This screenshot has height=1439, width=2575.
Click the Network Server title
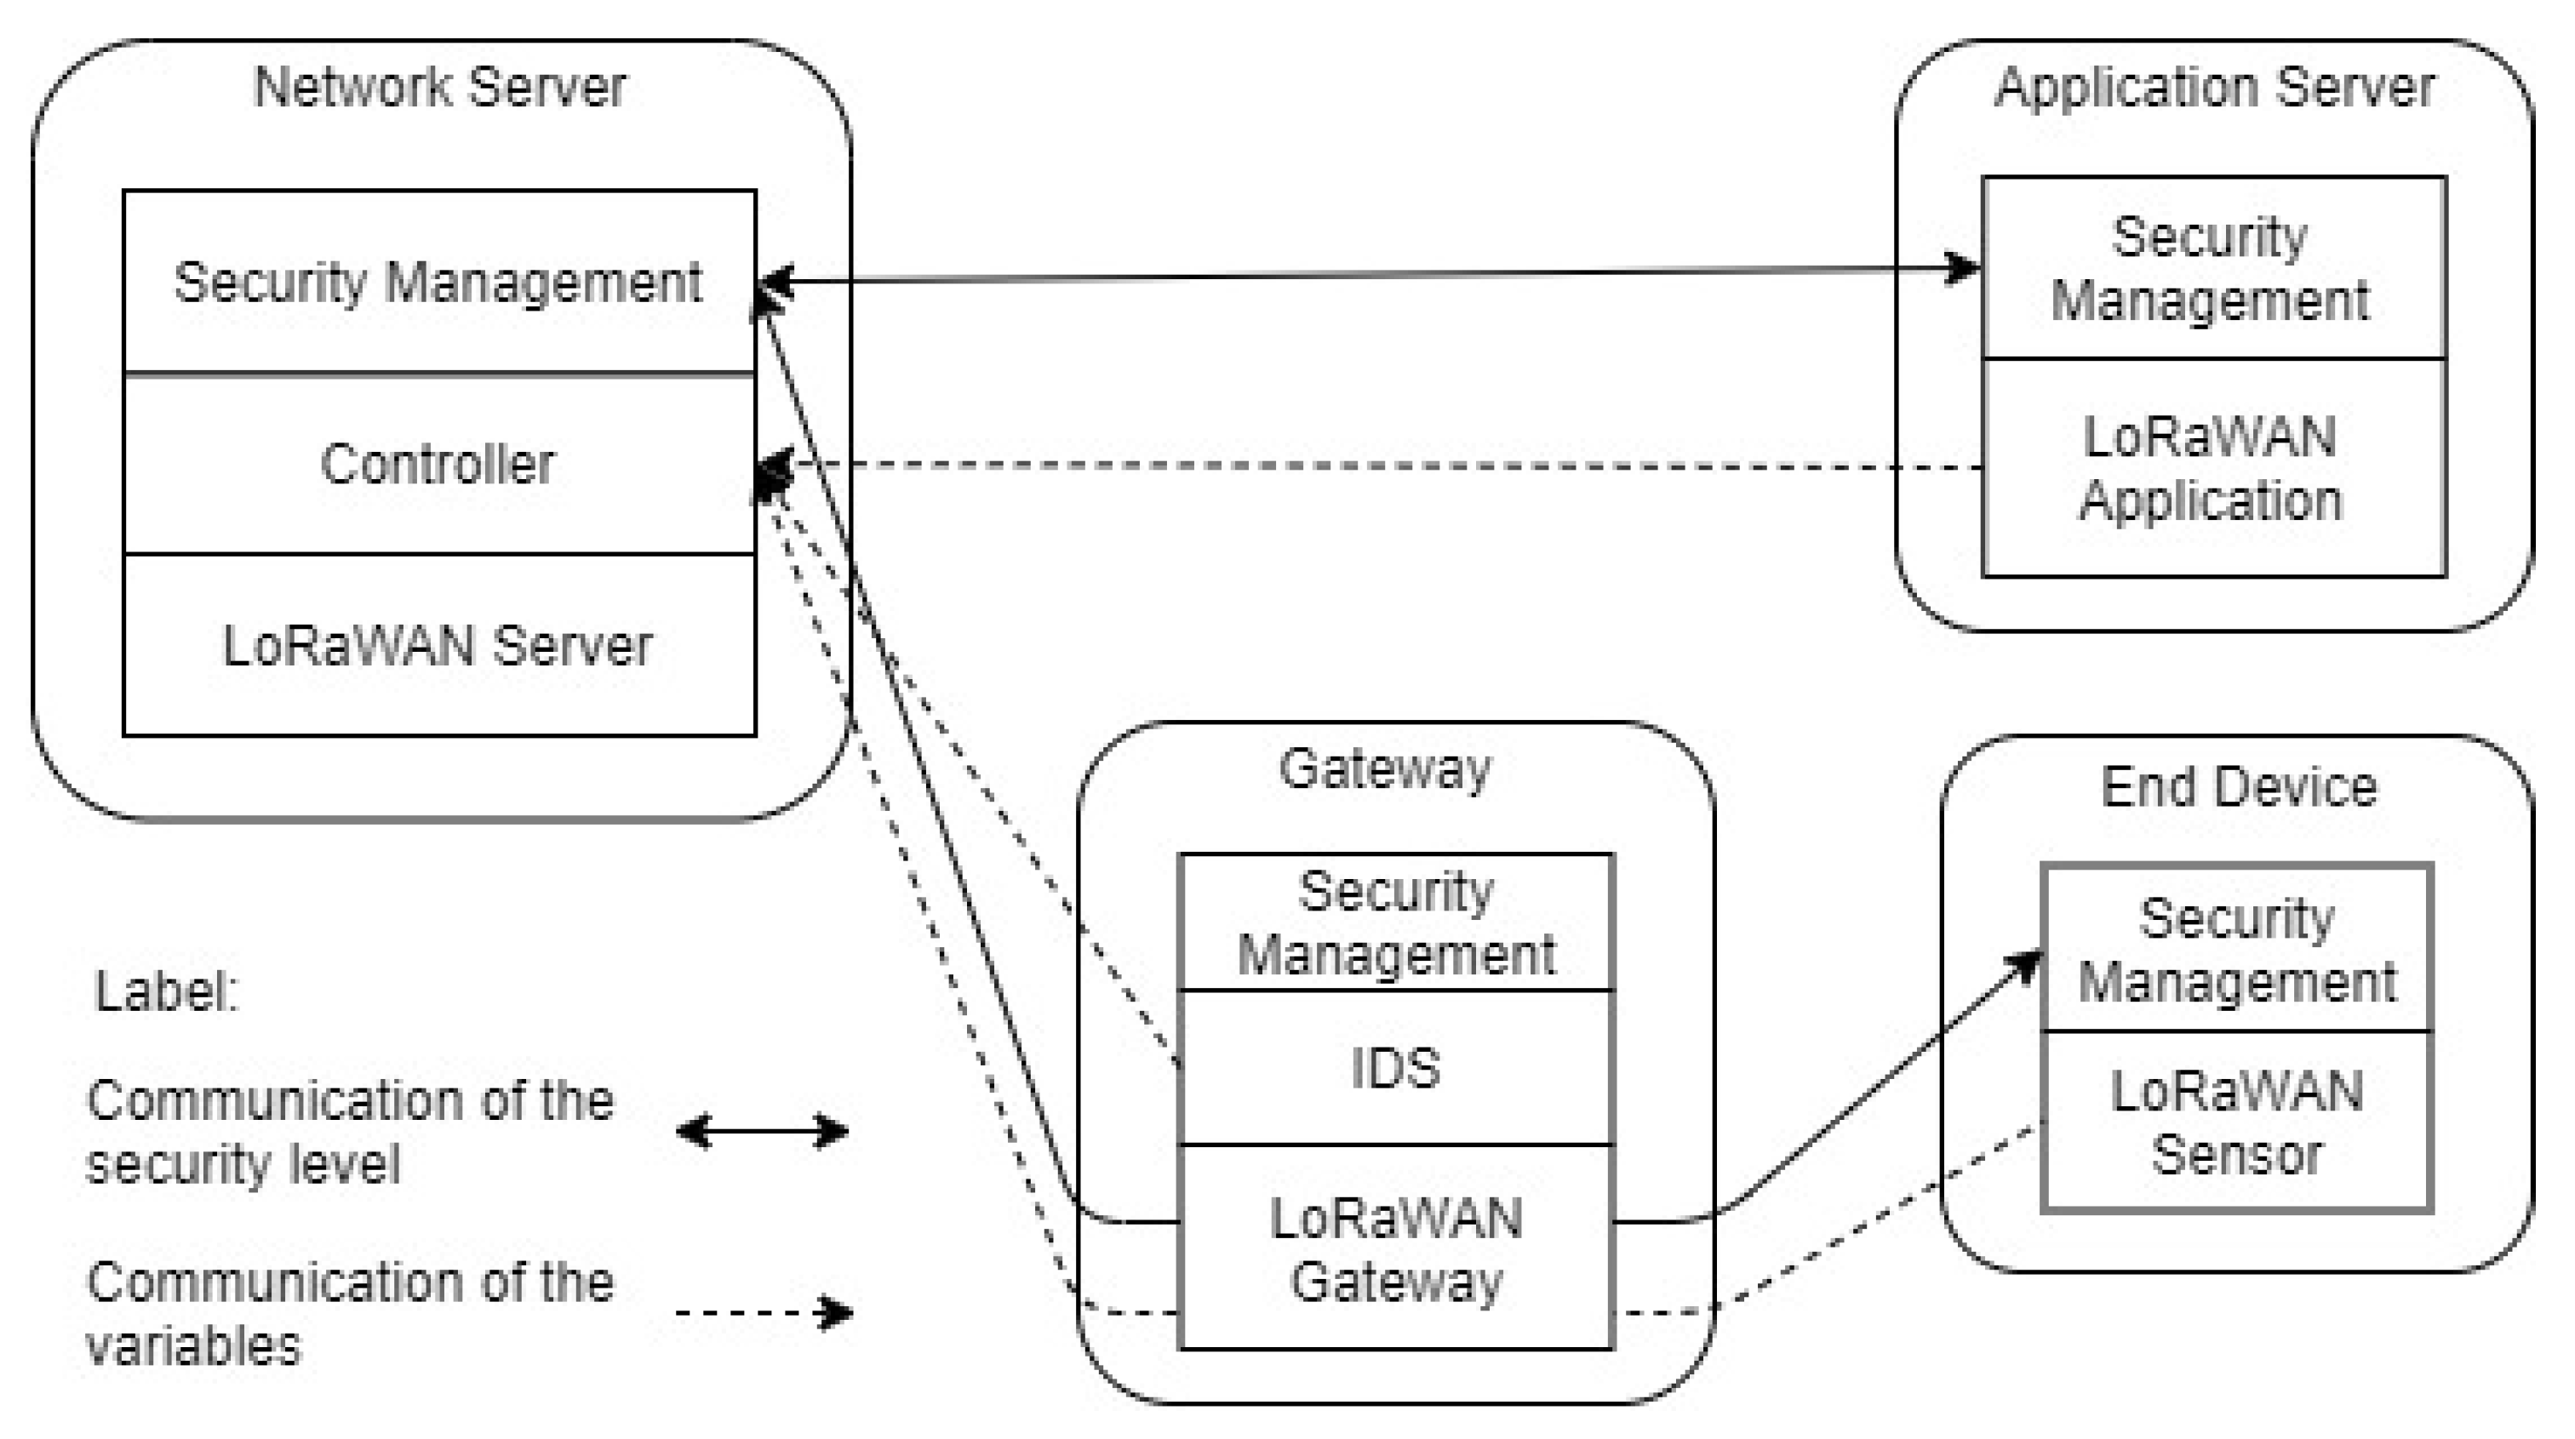tap(440, 88)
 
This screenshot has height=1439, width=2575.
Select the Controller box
tap(438, 465)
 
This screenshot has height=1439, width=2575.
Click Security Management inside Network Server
tap(438, 282)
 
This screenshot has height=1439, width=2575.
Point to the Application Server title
tap(2214, 88)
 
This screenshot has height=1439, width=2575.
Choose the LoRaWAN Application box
tap(2212, 469)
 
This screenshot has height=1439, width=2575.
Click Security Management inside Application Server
tap(2212, 269)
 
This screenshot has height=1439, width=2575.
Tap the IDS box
tap(1395, 1068)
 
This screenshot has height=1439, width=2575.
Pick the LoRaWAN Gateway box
tap(1395, 1249)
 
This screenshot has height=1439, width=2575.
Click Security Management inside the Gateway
tap(1395, 922)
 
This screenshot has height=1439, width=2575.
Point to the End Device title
tap(2238, 787)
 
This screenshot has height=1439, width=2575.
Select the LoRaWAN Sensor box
tap(2237, 1122)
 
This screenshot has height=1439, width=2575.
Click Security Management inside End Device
tap(2237, 950)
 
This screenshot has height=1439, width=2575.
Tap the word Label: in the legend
tap(167, 992)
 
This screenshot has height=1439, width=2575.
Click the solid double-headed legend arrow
tap(762, 1132)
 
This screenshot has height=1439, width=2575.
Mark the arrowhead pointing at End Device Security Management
tap(2025, 965)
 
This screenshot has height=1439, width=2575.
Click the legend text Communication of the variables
tap(350, 1313)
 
